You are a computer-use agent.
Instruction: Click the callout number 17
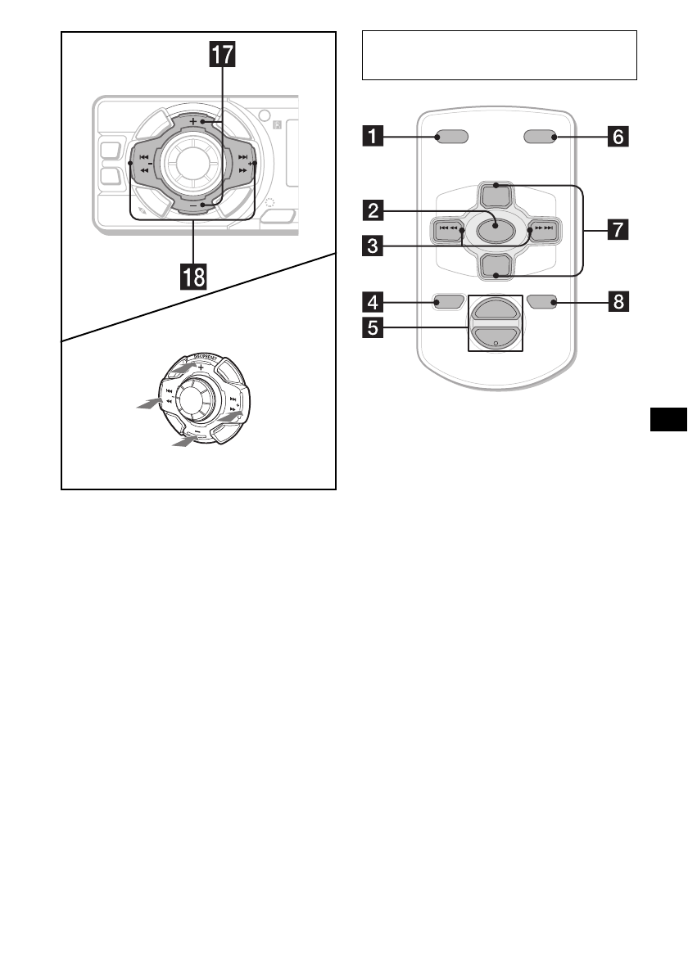pyautogui.click(x=220, y=56)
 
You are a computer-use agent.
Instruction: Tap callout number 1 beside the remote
pyautogui.click(x=373, y=138)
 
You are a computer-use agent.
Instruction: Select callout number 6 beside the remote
pyautogui.click(x=618, y=138)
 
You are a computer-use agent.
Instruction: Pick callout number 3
pyautogui.click(x=373, y=245)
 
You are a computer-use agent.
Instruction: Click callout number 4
pyautogui.click(x=373, y=302)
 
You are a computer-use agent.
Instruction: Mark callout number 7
pyautogui.click(x=618, y=231)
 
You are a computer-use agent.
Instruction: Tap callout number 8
pyautogui.click(x=618, y=302)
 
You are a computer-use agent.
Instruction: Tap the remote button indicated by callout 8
pyautogui.click(x=542, y=303)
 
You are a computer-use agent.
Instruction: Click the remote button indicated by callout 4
pyautogui.click(x=449, y=303)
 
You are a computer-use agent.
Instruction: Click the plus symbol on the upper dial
pyautogui.click(x=192, y=120)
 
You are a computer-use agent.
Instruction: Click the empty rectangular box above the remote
pyautogui.click(x=499, y=55)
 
